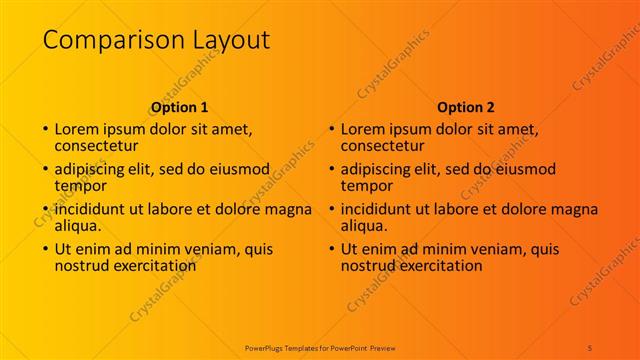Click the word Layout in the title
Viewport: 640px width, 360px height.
point(229,40)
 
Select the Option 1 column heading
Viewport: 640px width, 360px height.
point(180,107)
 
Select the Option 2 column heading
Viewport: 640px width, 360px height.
point(466,107)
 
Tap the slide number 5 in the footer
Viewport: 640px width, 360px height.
point(590,346)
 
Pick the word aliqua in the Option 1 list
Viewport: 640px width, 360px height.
point(78,226)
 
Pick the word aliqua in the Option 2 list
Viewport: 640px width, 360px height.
point(364,226)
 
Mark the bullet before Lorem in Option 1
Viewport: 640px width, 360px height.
point(44,130)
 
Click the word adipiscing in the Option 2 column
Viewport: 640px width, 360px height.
point(378,169)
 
